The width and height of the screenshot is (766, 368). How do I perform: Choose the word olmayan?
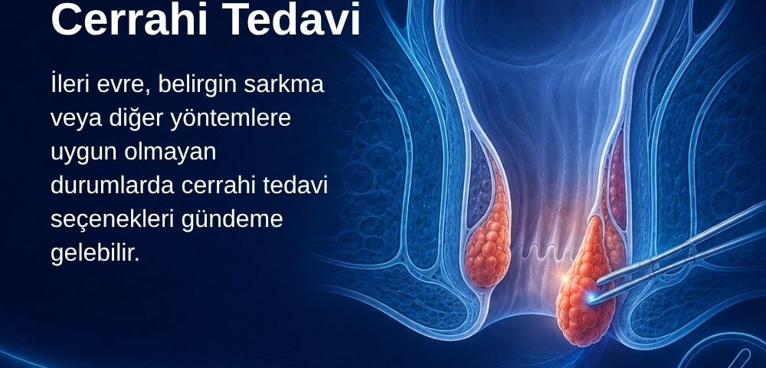[170, 153]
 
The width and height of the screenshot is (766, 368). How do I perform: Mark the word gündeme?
[232, 220]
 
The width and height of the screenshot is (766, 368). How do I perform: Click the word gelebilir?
[95, 253]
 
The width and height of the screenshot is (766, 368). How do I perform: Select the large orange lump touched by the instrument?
[584, 284]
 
